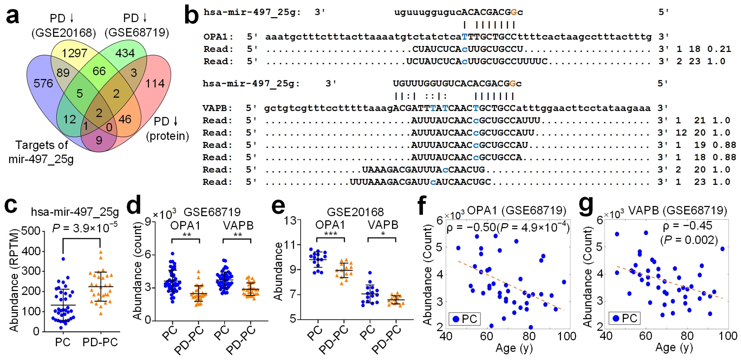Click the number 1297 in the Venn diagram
[74, 53]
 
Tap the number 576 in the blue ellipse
[43, 83]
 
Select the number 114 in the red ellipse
[155, 83]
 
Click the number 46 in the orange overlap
[125, 119]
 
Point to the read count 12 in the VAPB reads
[681, 133]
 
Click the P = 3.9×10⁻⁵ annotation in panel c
[85, 228]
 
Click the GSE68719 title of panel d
[212, 212]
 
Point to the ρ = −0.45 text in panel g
[687, 226]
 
